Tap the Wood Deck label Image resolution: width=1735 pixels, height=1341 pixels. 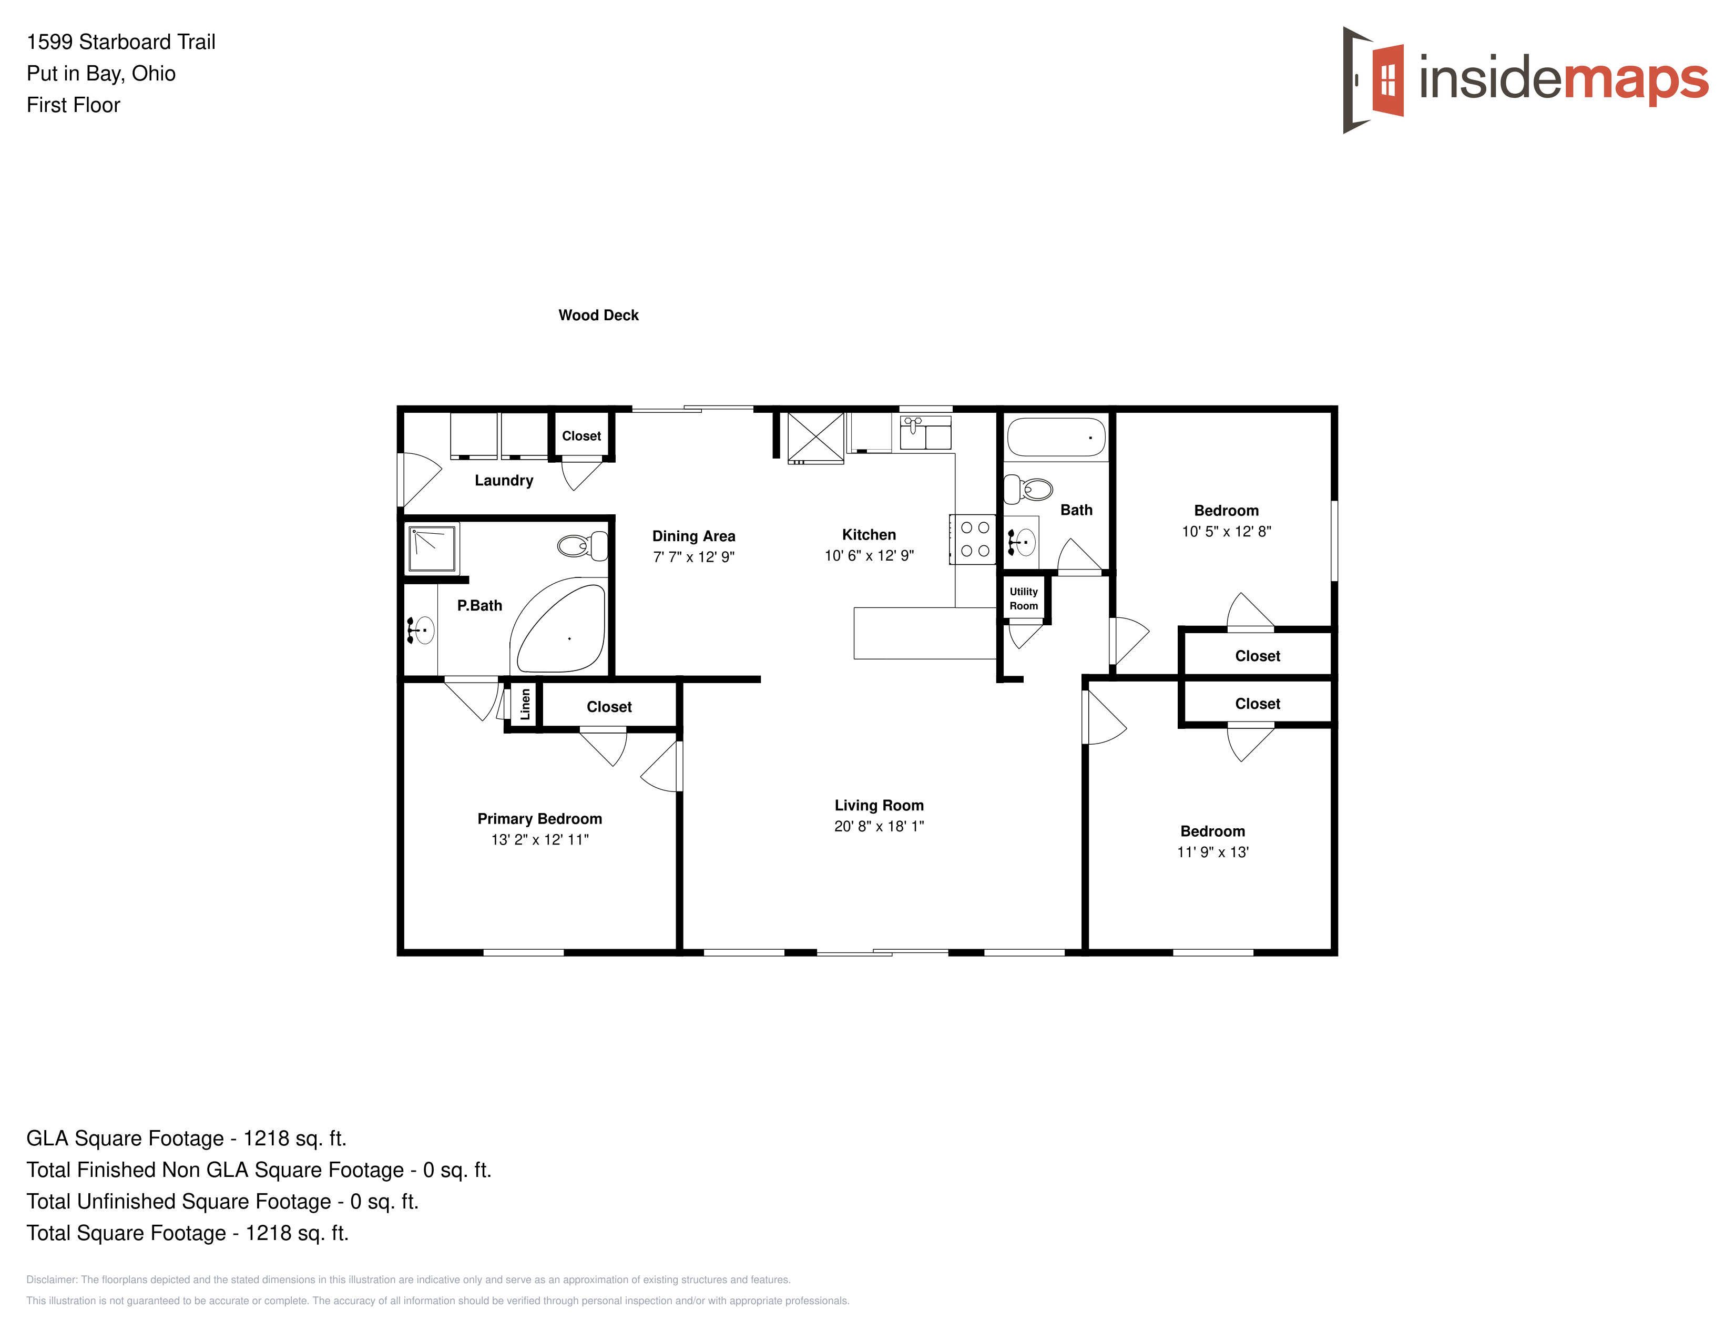[x=598, y=316]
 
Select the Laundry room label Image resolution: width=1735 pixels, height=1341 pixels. [x=504, y=481]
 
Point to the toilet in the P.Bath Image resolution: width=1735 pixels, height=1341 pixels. [x=583, y=546]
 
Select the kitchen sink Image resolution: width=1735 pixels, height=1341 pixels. [x=925, y=433]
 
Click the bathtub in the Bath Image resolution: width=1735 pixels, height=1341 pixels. [x=1056, y=438]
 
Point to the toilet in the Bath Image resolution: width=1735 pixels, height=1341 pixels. [x=1028, y=490]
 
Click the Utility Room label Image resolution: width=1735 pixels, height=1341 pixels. [x=1024, y=599]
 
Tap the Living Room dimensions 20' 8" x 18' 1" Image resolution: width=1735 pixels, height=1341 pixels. [x=879, y=826]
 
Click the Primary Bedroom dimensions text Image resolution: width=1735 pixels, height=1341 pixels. [x=539, y=840]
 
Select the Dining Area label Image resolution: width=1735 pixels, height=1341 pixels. [x=693, y=536]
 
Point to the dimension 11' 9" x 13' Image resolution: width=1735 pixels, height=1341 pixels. [x=1212, y=852]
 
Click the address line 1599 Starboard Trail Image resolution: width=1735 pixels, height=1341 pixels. [x=121, y=42]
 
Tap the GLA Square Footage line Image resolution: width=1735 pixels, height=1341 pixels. [x=187, y=1139]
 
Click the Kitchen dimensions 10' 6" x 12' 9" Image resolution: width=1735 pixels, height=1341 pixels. [x=869, y=556]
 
